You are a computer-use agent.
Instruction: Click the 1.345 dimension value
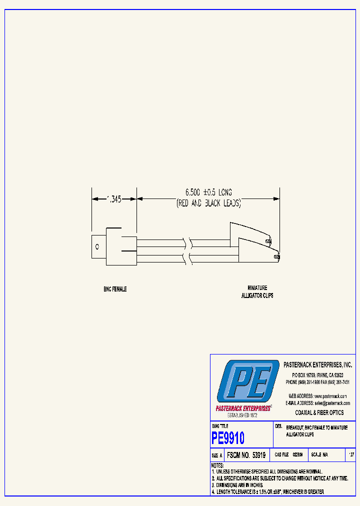(x=114, y=199)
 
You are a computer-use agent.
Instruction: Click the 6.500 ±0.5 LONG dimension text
(x=208, y=192)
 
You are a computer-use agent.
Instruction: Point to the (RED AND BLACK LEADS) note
(x=208, y=203)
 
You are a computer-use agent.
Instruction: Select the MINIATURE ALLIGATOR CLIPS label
(x=257, y=291)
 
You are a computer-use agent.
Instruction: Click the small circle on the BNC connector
(x=97, y=246)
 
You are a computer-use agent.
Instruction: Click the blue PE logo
(x=247, y=380)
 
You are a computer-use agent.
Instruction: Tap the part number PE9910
(x=228, y=438)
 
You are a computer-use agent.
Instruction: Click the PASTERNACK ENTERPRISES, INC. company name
(x=317, y=365)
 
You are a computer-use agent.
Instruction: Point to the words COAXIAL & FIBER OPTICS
(x=319, y=412)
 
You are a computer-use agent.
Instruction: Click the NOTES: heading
(x=217, y=465)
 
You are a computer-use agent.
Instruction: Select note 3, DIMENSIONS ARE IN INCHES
(x=237, y=485)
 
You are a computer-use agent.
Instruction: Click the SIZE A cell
(x=217, y=455)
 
